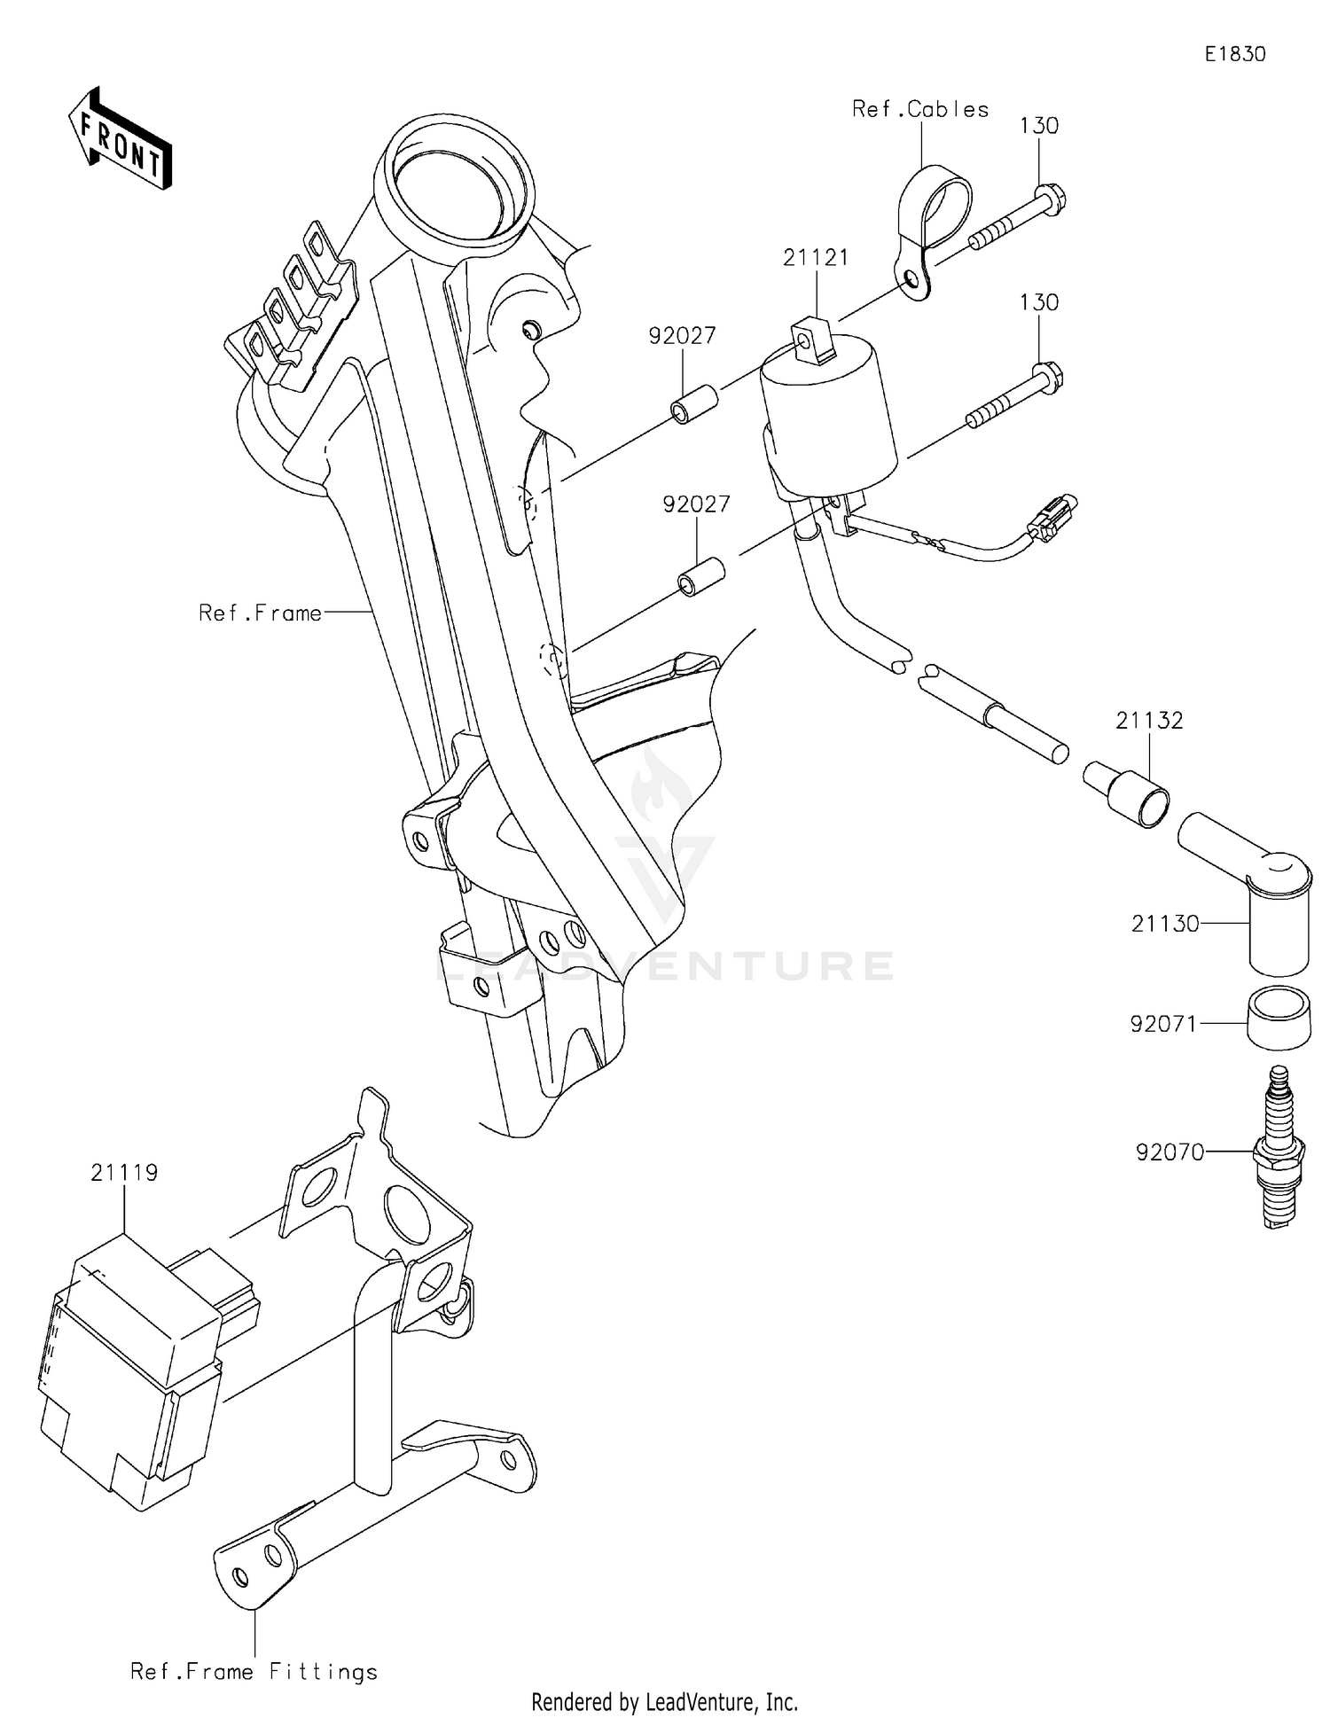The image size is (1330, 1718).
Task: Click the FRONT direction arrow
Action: (121, 140)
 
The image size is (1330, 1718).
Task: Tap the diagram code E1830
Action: (1234, 54)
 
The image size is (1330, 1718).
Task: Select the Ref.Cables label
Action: (919, 109)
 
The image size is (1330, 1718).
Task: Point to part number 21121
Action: (815, 258)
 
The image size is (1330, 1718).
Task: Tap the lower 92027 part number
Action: (696, 504)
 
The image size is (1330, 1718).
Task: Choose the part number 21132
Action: (1149, 721)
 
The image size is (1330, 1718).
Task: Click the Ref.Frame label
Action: (260, 613)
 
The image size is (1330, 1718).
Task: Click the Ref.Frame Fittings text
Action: (254, 1672)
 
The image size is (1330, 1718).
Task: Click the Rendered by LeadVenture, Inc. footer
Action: (664, 1701)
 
